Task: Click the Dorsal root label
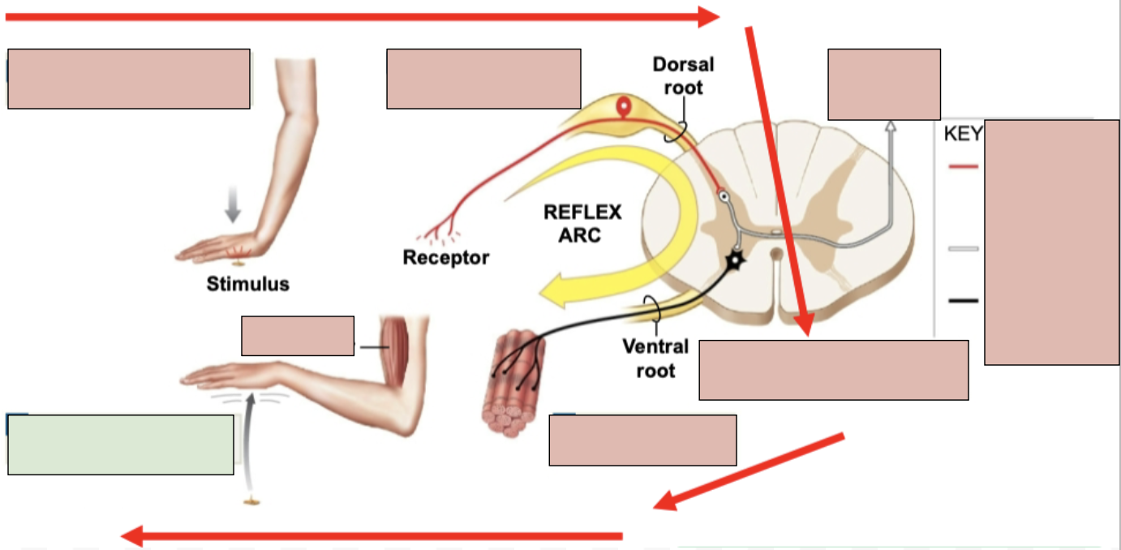(x=683, y=75)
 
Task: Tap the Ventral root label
(x=655, y=358)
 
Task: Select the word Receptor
(x=445, y=258)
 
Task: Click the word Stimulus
(x=247, y=285)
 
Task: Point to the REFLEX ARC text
(x=582, y=224)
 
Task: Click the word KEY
(x=963, y=134)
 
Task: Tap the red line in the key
(x=963, y=166)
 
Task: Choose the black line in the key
(x=963, y=301)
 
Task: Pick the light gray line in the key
(x=963, y=248)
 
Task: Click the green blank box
(x=121, y=445)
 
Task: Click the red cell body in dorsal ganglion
(x=623, y=106)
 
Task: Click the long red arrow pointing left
(x=373, y=536)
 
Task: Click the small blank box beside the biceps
(x=298, y=336)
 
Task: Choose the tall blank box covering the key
(x=1051, y=242)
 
